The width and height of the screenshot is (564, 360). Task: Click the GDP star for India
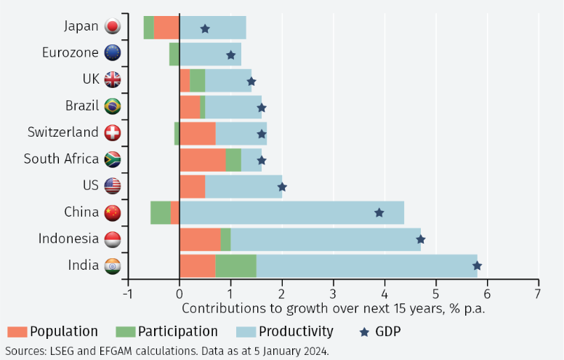(x=477, y=265)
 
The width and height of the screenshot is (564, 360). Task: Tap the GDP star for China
(x=379, y=212)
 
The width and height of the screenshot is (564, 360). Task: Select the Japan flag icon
(x=113, y=27)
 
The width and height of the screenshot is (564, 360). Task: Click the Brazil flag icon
(x=113, y=106)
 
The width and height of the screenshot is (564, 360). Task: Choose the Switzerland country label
(x=63, y=132)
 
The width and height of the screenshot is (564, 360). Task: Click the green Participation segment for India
(x=235, y=265)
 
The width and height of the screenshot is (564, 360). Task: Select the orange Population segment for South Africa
(x=202, y=159)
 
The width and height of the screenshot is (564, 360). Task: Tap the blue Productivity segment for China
(x=291, y=212)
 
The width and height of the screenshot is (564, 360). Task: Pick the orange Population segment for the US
(x=192, y=186)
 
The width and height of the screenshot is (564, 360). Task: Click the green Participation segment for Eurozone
(x=174, y=54)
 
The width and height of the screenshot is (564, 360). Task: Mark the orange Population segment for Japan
(x=166, y=27)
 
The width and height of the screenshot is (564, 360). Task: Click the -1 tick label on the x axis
(x=127, y=294)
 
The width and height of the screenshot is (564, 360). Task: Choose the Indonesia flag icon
(x=113, y=239)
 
